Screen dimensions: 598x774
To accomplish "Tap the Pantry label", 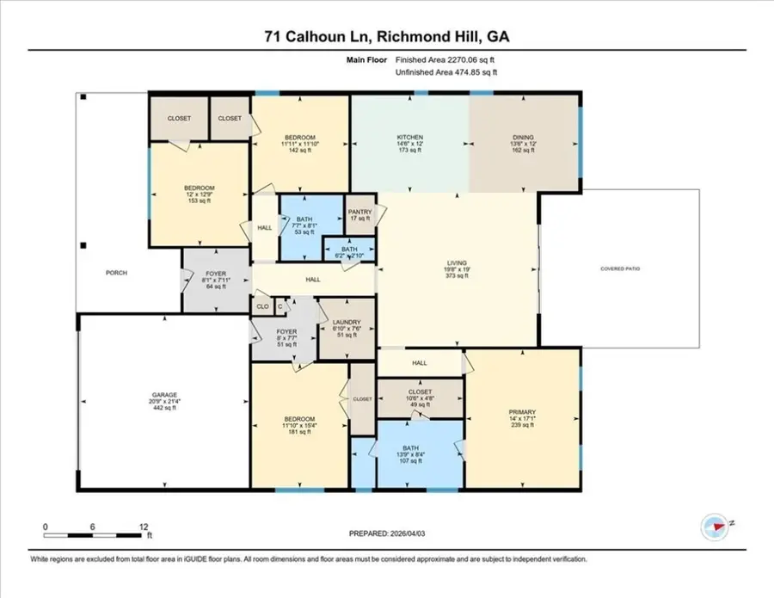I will pyautogui.click(x=359, y=213).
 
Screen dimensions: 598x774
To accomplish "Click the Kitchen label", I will pyautogui.click(x=408, y=138).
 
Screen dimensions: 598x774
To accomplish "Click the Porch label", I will pyautogui.click(x=117, y=273).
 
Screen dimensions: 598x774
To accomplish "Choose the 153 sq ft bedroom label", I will pyautogui.click(x=200, y=188).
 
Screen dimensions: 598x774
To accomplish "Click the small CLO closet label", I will pyautogui.click(x=262, y=305).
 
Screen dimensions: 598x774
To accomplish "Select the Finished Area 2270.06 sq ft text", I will pyautogui.click(x=445, y=60).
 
